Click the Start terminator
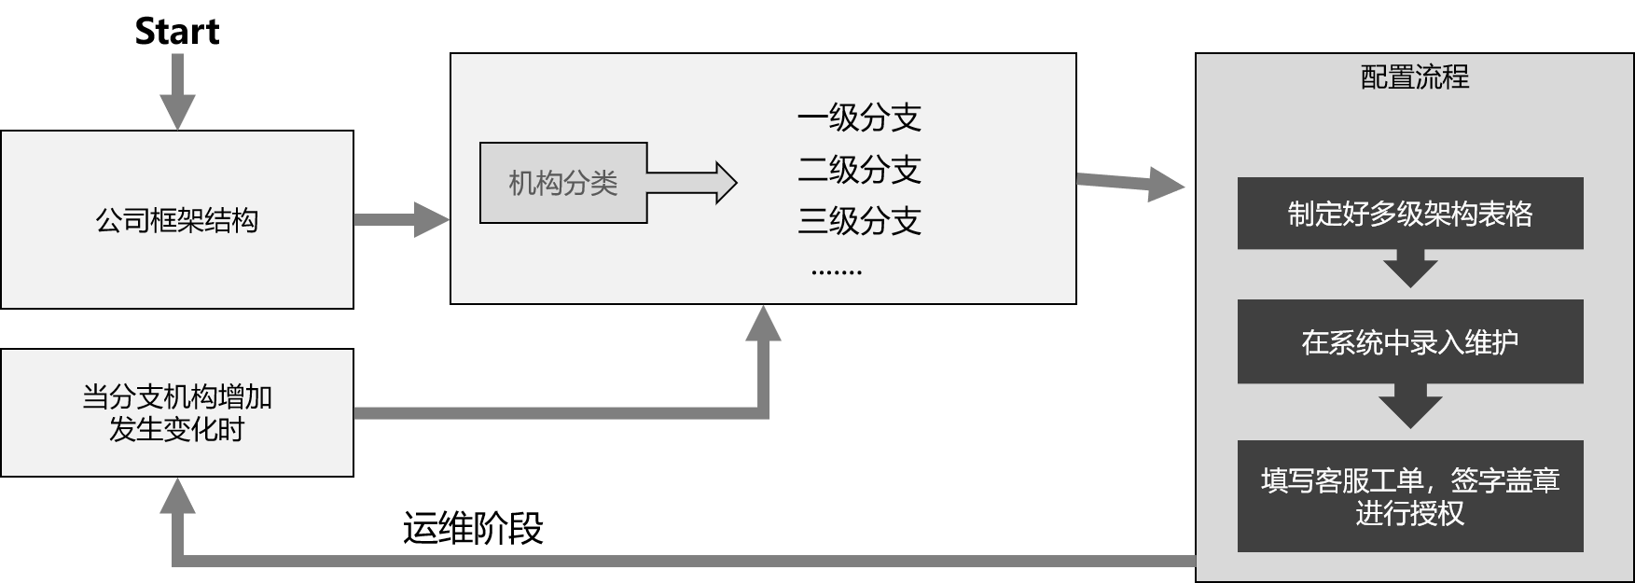tap(177, 32)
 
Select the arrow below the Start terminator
tap(177, 93)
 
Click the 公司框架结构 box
tap(177, 219)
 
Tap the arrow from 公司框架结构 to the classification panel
tap(401, 220)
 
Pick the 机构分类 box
tap(563, 183)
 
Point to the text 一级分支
tap(859, 118)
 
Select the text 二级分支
tap(859, 170)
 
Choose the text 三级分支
tap(859, 221)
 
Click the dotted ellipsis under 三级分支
tap(837, 271)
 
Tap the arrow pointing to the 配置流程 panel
tap(1131, 182)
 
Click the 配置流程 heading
tap(1414, 76)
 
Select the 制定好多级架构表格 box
tap(1410, 214)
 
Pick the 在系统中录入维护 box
tap(1410, 341)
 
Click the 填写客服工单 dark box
tap(1410, 496)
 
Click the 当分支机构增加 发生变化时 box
tap(177, 413)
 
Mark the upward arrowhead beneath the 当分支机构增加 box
tap(177, 499)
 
